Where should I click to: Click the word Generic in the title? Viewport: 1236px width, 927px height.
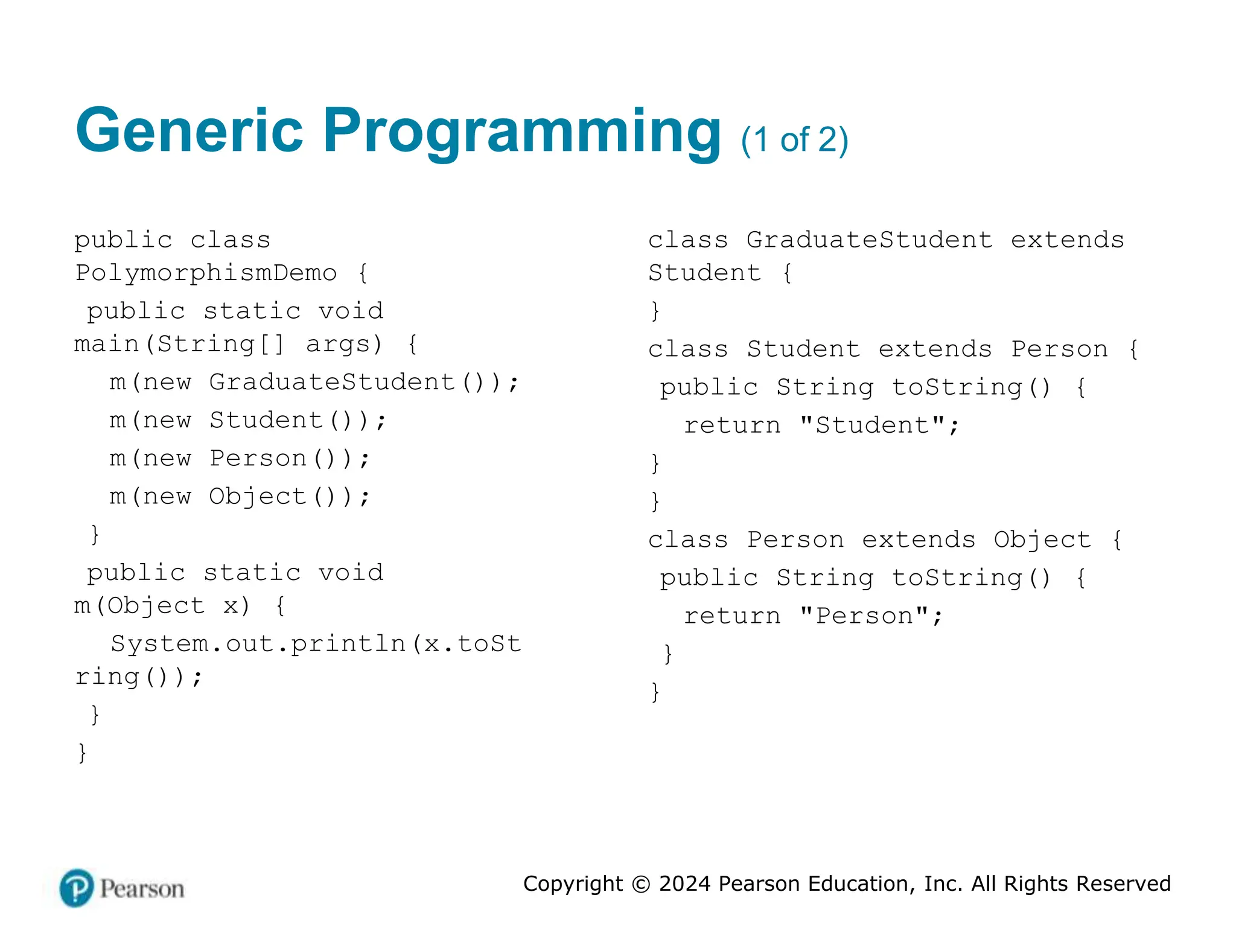pyautogui.click(x=189, y=130)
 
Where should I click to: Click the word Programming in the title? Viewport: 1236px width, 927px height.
pyautogui.click(x=522, y=132)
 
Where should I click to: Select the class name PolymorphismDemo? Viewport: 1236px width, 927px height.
pyautogui.click(x=206, y=273)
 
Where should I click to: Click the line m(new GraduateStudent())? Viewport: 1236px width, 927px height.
pyautogui.click(x=314, y=382)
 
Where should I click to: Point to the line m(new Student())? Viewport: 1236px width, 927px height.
pyautogui.click(x=247, y=420)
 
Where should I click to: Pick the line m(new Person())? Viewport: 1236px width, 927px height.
pyautogui.click(x=239, y=459)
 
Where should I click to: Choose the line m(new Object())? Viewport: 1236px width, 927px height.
pyautogui.click(x=239, y=497)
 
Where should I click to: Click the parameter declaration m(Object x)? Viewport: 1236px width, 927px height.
pyautogui.click(x=162, y=605)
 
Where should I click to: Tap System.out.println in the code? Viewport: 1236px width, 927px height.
pyautogui.click(x=258, y=644)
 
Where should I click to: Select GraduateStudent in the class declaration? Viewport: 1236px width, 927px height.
pyautogui.click(x=869, y=240)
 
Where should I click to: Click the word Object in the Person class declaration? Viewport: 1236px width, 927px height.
pyautogui.click(x=1042, y=540)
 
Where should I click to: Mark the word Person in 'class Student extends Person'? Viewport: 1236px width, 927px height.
pyautogui.click(x=1059, y=349)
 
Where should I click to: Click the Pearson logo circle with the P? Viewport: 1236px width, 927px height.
pyautogui.click(x=77, y=888)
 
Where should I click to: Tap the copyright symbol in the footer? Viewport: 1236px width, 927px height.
pyautogui.click(x=641, y=884)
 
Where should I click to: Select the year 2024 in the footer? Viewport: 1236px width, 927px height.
pyautogui.click(x=685, y=884)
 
